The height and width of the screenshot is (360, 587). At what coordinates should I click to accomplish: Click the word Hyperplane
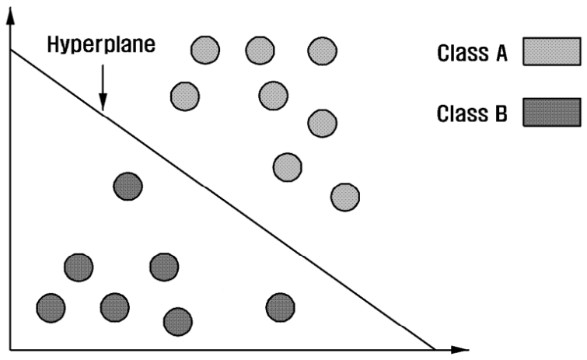(101, 44)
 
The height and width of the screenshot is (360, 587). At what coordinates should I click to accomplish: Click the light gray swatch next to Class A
(551, 53)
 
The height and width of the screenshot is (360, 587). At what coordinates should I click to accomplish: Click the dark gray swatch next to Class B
(551, 113)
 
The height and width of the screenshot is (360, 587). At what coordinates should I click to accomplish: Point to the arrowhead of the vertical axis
(10, 17)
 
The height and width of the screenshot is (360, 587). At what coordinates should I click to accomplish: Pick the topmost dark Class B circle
(128, 187)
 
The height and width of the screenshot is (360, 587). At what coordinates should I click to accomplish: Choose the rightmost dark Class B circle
(280, 307)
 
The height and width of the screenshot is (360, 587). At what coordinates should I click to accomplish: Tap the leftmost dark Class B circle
(51, 307)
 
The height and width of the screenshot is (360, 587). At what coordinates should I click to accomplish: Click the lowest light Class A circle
(345, 196)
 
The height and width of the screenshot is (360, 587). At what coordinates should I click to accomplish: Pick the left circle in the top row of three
(205, 51)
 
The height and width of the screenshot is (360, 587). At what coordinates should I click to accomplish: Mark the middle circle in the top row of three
(260, 51)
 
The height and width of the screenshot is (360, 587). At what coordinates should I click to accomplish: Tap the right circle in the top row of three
(322, 51)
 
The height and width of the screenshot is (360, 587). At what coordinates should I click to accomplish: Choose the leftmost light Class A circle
(185, 96)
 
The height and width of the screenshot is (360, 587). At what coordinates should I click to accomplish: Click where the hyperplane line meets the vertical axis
(10, 50)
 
